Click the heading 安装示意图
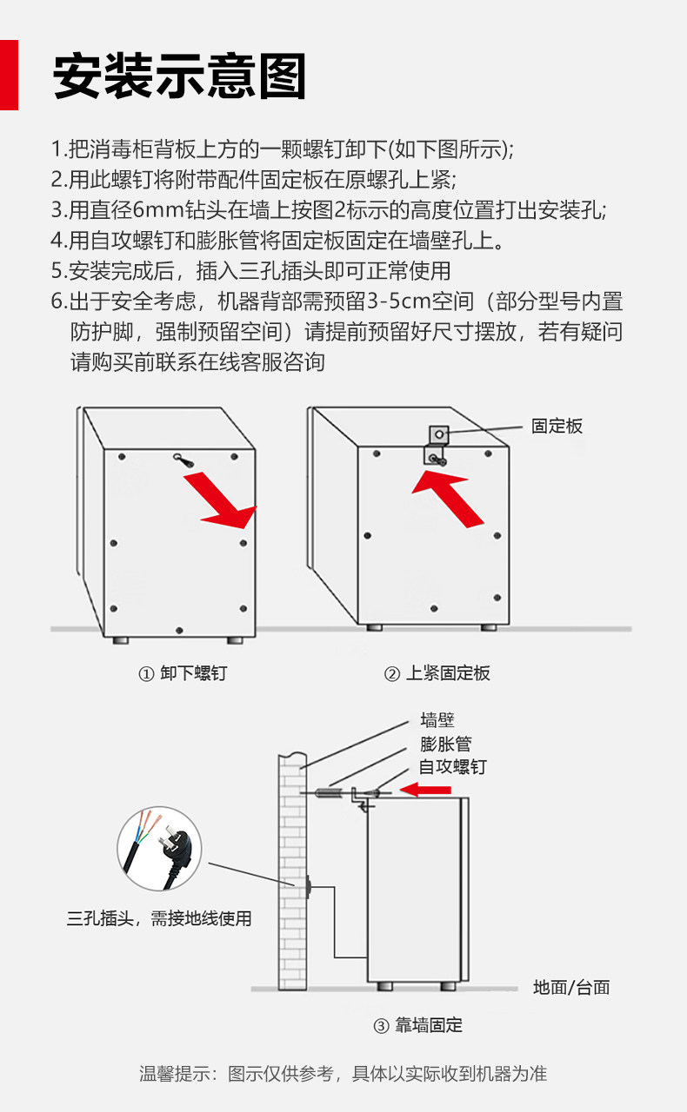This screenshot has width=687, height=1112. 180,76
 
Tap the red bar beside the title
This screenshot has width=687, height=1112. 9,75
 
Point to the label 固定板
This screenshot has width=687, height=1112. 557,426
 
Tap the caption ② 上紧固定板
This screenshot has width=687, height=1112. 437,673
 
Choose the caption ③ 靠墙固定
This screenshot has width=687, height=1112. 417,1025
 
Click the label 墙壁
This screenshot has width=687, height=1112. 437,720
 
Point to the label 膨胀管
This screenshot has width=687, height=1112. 445,744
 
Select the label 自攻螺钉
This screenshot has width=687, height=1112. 452,767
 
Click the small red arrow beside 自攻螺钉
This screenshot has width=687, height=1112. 425,790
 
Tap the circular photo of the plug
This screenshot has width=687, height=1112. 159,849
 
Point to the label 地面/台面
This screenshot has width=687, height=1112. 571,987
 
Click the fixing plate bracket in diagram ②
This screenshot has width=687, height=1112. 437,443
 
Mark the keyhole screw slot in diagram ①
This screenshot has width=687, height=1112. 183,460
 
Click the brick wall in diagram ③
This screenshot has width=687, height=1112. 293,869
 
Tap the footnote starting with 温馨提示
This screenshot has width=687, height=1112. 343,1074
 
